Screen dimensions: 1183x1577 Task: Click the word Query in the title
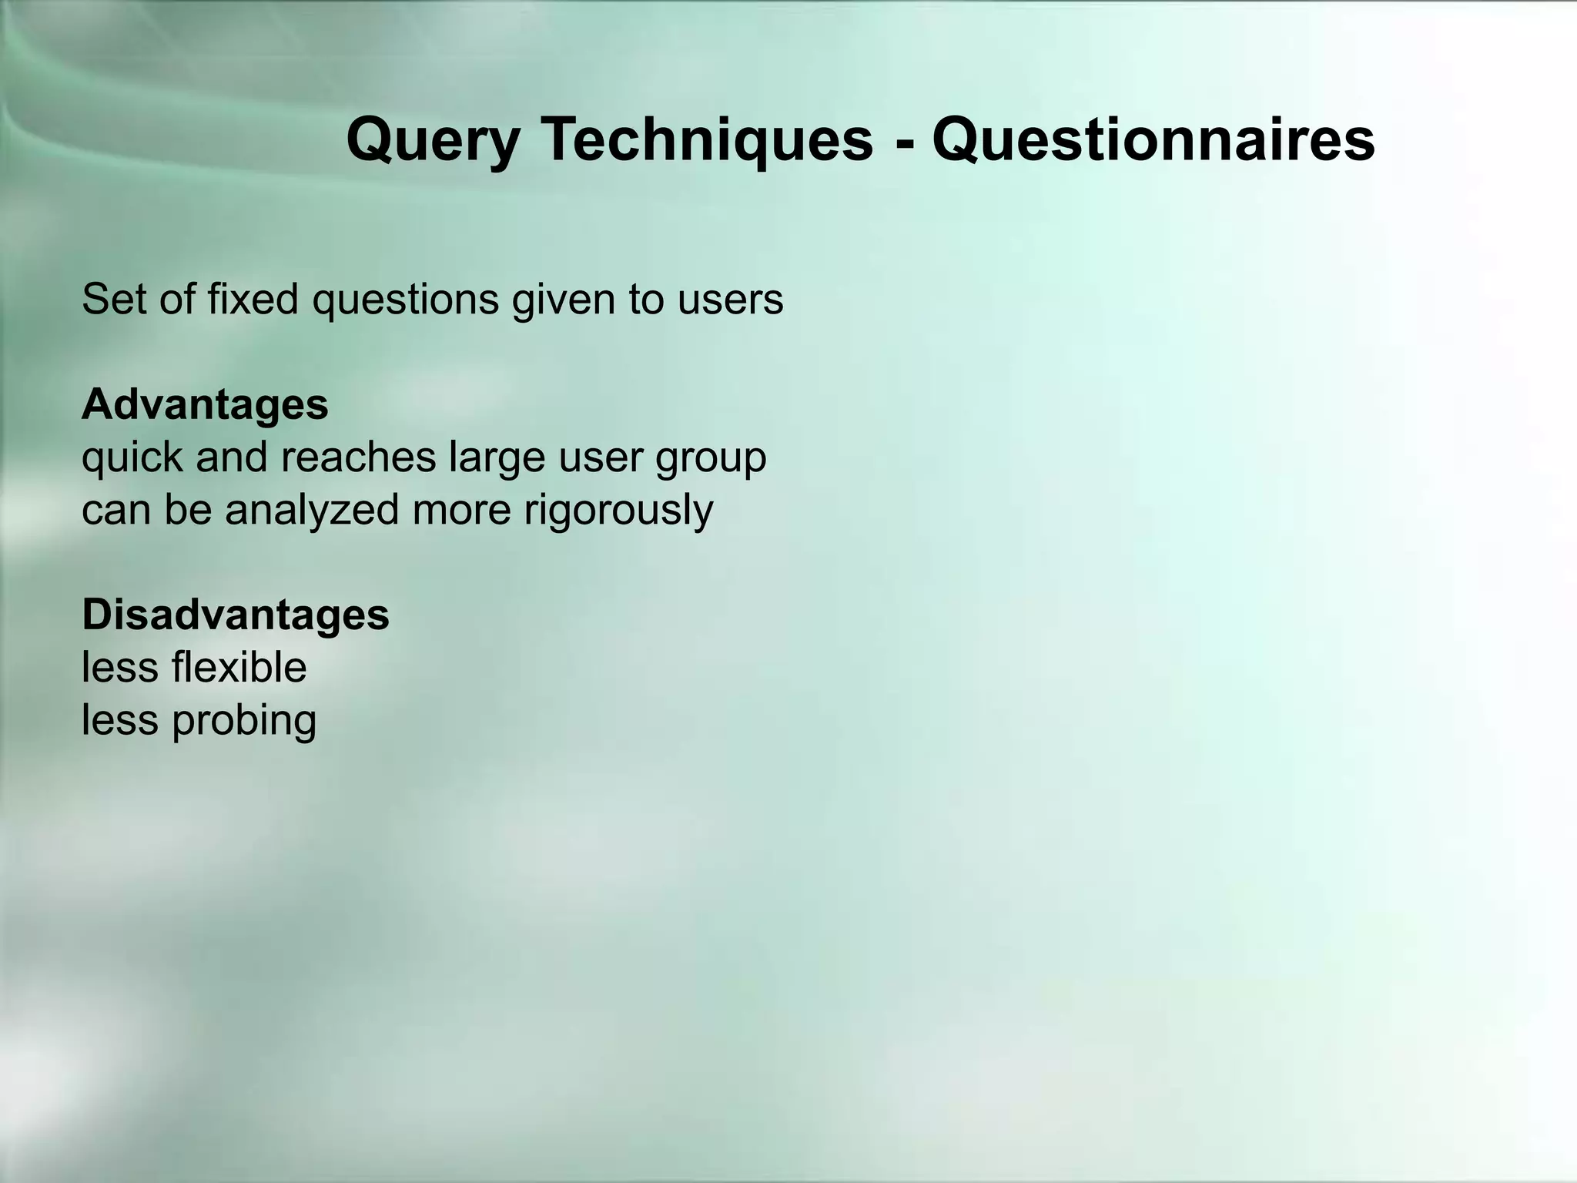[433, 140]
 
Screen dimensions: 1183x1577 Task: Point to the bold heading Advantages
[205, 404]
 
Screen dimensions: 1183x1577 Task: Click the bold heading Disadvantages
[236, 615]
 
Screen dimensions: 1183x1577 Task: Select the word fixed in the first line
[253, 299]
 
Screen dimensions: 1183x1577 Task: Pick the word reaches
[358, 457]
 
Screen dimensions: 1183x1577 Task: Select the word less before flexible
[119, 667]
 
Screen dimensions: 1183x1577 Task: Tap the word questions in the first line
[406, 300]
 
